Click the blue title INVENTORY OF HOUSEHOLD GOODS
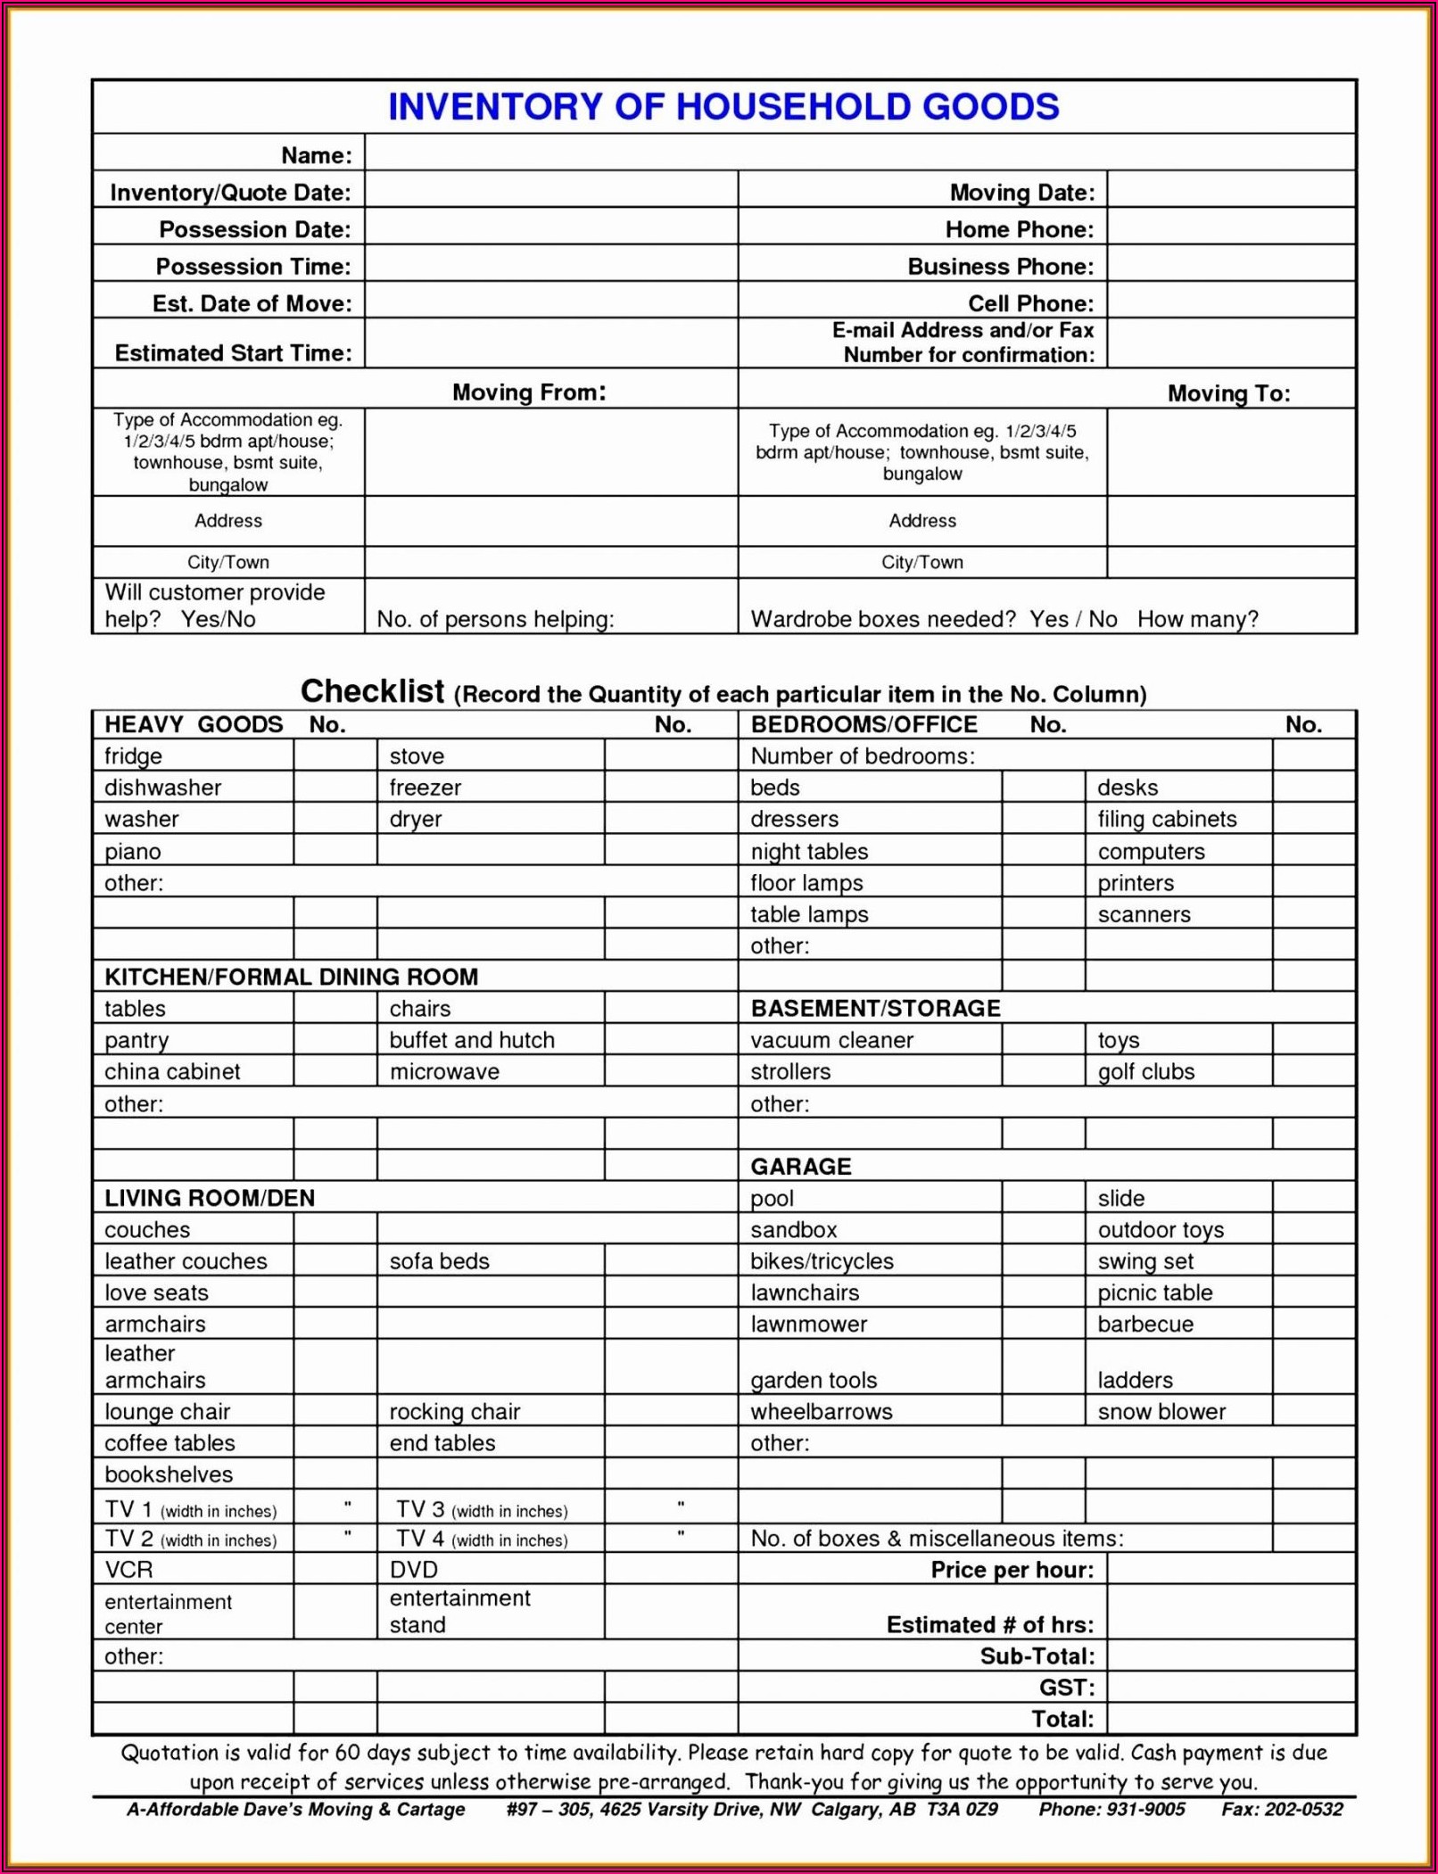[x=723, y=107]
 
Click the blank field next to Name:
[x=859, y=153]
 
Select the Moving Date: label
[x=1021, y=193]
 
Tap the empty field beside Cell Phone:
[x=1230, y=302]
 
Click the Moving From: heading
[x=529, y=392]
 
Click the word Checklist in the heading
[x=372, y=691]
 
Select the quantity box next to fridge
[x=335, y=755]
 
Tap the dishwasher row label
[x=163, y=788]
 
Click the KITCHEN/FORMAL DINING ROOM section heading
[x=292, y=977]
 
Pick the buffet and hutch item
[x=472, y=1040]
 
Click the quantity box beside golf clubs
[x=1313, y=1071]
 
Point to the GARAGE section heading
[x=800, y=1167]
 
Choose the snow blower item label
[x=1161, y=1412]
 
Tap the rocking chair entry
[x=454, y=1412]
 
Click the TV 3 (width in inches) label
[x=482, y=1510]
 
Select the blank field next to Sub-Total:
[x=1230, y=1656]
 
